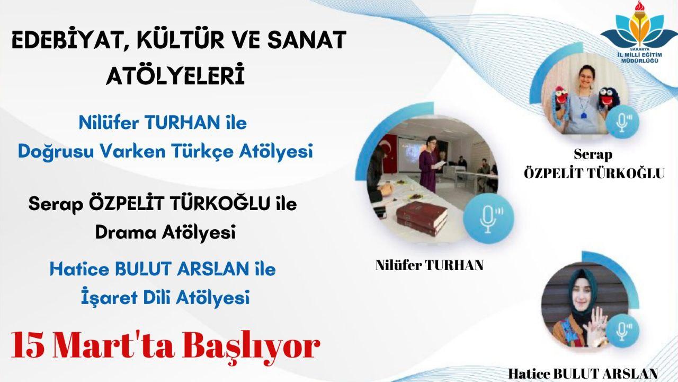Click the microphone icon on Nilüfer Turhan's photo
(488, 219)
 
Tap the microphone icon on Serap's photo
(622, 123)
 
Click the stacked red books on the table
(421, 218)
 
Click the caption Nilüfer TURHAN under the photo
(430, 265)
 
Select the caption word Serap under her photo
(593, 154)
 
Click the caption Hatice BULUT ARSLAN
(583, 374)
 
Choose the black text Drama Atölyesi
(165, 233)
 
